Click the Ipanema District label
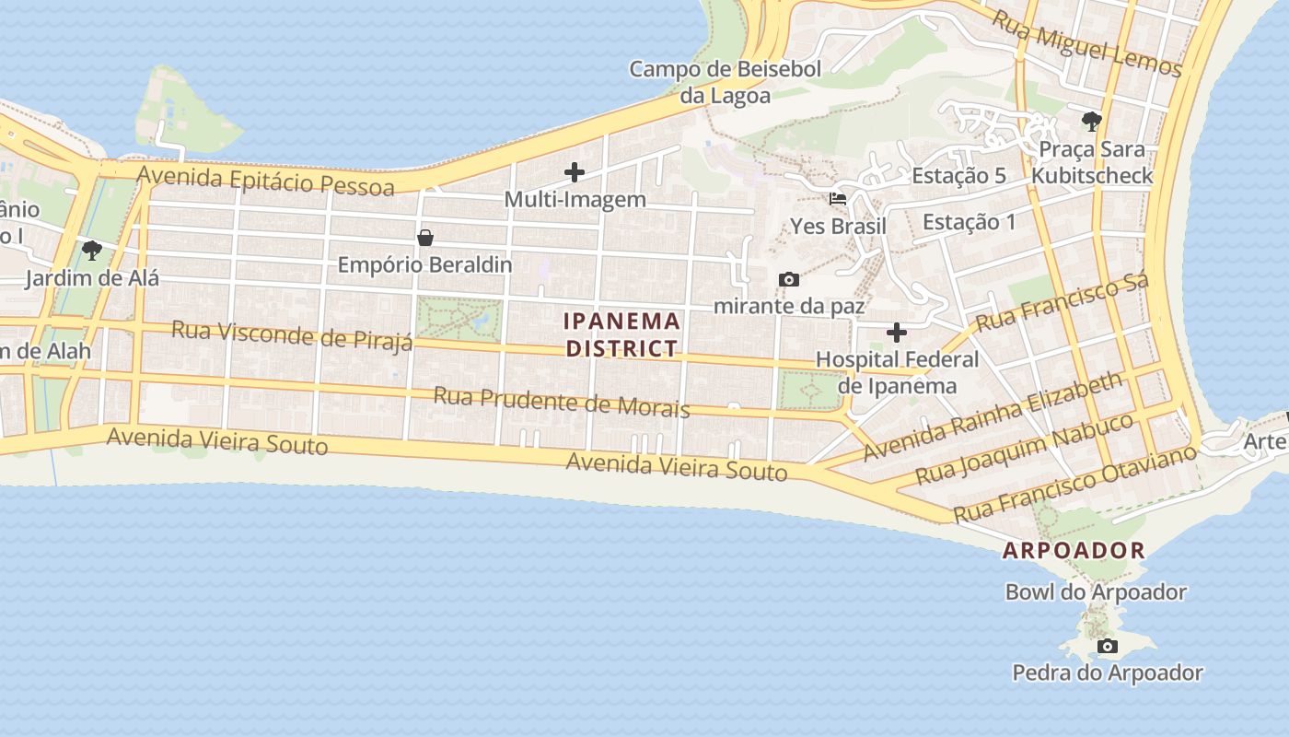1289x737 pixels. coord(622,334)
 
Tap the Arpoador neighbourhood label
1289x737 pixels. coord(1074,551)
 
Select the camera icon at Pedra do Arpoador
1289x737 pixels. coord(1108,646)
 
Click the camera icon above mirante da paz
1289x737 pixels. coord(788,279)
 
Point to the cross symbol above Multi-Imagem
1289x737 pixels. coord(575,171)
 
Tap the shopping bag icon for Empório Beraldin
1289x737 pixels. coord(425,238)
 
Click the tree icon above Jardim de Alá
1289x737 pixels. coord(91,250)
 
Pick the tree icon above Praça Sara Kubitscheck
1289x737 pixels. coord(1091,121)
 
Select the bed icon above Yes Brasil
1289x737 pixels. coord(838,198)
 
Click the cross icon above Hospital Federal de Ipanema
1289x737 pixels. coord(897,332)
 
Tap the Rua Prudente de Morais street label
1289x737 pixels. coord(562,402)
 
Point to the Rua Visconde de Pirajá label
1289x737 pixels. coord(293,335)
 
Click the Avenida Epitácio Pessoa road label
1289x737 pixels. coord(265,180)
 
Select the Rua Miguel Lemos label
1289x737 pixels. coord(1086,42)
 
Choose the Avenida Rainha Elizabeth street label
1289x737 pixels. coord(993,415)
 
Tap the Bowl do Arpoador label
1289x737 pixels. coord(1096,591)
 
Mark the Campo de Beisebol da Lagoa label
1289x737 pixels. coord(726,81)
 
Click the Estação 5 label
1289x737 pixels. coord(958,175)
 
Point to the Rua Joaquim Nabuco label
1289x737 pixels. coord(1025,450)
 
